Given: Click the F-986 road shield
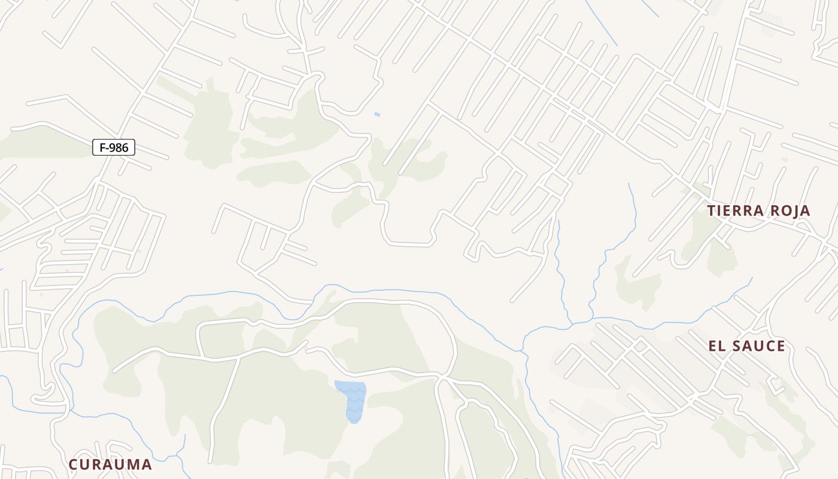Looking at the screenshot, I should coord(114,147).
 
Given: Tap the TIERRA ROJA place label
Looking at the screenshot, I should coord(758,211).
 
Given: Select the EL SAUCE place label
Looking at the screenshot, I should coord(746,346).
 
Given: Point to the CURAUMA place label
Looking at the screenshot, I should coord(110,465).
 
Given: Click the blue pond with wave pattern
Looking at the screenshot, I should coord(353,401).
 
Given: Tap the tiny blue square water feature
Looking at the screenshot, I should coord(377,114).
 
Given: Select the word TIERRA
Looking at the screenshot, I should coord(733,211).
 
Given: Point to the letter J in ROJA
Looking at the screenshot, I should coord(794,211).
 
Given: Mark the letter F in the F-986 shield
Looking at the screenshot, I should coord(102,147).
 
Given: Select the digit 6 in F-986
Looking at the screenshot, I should coord(126,147).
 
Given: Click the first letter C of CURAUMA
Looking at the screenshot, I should coord(74,465).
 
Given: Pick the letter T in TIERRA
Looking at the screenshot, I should coord(712,211).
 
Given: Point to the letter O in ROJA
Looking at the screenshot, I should coord(782,211).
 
